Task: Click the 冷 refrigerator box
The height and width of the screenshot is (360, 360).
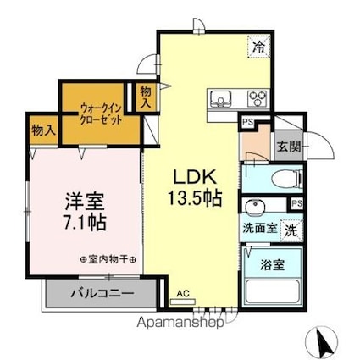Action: coord(258,47)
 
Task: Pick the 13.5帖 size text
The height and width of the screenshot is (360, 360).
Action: coord(197,199)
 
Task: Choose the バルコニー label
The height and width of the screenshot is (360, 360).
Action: coord(102,294)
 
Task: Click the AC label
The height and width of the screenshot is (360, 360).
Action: coord(181,296)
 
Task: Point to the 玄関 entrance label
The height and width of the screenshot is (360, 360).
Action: coord(286,146)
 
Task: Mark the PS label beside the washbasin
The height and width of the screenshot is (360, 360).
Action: coord(296,204)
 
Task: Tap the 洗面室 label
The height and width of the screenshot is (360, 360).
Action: coord(259,228)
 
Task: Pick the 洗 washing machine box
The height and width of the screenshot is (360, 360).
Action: coord(291,229)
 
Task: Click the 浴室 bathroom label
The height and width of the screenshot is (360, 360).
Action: coord(273,263)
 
